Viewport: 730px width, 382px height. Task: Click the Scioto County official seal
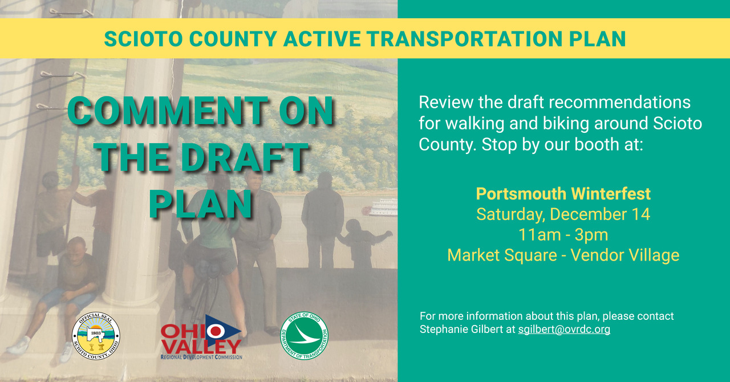click(x=96, y=336)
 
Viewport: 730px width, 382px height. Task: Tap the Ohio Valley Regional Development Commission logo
click(x=201, y=338)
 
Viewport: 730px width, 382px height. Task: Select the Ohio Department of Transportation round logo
click(x=304, y=336)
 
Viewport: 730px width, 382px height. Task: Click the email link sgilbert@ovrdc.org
click(x=564, y=330)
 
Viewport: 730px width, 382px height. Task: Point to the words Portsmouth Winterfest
click(x=563, y=194)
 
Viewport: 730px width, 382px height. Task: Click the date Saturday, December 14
click(x=563, y=214)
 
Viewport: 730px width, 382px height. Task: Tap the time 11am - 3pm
click(x=563, y=235)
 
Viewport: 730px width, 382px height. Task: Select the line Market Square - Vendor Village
click(x=563, y=255)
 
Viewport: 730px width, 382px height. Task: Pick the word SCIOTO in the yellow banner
click(x=143, y=39)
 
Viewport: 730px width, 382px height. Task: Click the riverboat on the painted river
click(x=380, y=208)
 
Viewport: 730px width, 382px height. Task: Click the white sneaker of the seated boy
click(x=19, y=346)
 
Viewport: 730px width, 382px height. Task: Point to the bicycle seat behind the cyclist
click(x=209, y=268)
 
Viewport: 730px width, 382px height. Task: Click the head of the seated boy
click(x=77, y=247)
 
